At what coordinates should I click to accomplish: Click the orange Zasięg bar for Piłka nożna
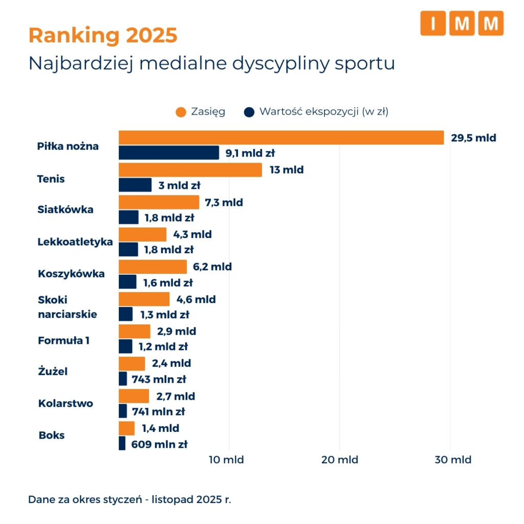(x=281, y=138)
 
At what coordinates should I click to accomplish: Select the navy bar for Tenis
(x=135, y=185)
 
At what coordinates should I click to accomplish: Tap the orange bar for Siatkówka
(x=159, y=202)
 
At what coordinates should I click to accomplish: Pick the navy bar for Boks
(x=122, y=443)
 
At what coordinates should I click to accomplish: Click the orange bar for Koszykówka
(x=153, y=267)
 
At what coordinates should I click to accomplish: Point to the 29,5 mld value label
(x=473, y=138)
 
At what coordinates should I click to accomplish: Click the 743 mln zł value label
(x=159, y=379)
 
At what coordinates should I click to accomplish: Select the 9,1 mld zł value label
(x=250, y=153)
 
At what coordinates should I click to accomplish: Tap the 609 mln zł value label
(x=160, y=444)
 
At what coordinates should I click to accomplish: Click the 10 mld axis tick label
(x=226, y=460)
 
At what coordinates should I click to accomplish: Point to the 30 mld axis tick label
(x=453, y=460)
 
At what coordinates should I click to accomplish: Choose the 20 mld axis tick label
(x=340, y=460)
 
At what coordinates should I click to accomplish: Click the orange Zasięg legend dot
(x=181, y=112)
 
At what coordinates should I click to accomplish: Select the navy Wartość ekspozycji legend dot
(x=249, y=112)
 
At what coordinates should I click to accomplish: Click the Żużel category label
(x=53, y=370)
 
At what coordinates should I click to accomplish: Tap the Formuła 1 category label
(x=64, y=340)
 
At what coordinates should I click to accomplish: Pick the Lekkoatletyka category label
(x=75, y=242)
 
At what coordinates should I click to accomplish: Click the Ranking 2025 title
(x=103, y=35)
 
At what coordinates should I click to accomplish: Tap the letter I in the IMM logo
(x=433, y=23)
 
